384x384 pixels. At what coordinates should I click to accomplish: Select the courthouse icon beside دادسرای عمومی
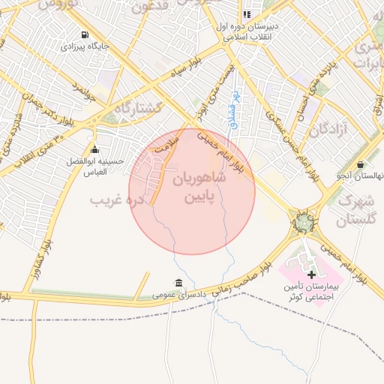pos(178,283)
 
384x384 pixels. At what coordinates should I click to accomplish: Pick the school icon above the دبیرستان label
pos(246,14)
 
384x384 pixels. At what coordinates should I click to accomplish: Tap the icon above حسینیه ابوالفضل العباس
pos(94,149)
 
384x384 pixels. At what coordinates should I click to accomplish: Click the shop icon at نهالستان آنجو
pos(361,164)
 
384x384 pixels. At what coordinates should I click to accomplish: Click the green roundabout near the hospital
pos(303,223)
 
